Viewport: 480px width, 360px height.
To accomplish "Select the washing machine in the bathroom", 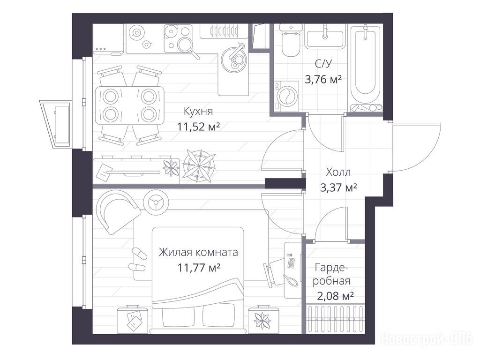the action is point(286,96).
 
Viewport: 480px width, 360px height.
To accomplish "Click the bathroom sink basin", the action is point(325,39).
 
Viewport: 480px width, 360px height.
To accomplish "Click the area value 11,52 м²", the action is point(199,126).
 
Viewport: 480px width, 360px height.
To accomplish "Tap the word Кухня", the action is point(198,111).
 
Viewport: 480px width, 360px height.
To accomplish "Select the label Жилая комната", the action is point(198,252).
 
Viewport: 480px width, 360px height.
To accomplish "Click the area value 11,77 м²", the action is point(199,268).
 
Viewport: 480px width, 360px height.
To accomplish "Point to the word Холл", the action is point(338,172).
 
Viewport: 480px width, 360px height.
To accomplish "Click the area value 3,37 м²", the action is point(338,187).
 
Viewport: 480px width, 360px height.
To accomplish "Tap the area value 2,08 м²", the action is point(336,296).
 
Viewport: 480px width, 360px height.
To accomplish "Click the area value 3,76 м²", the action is point(323,80).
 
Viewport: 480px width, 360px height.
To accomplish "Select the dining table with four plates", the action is point(129,105).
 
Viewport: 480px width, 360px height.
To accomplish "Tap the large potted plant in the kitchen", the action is point(199,166).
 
